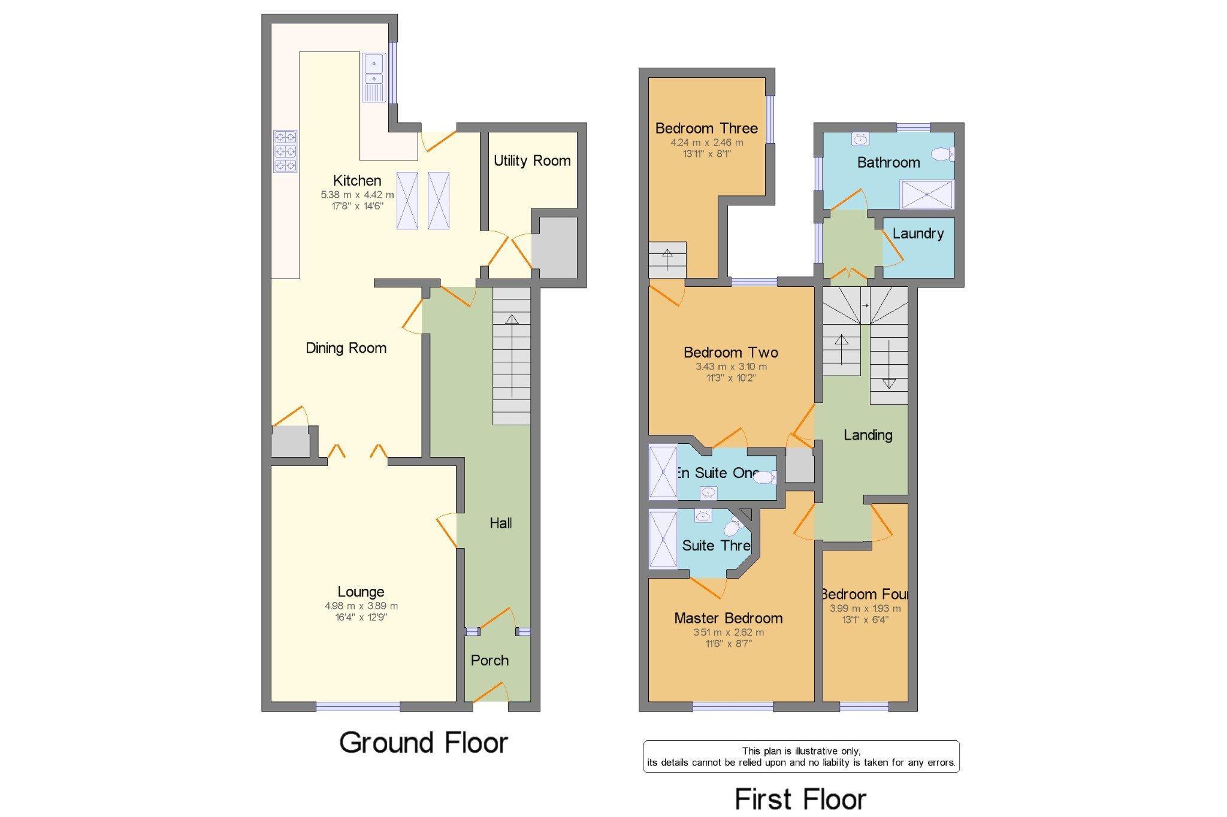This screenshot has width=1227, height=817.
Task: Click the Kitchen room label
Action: (x=357, y=180)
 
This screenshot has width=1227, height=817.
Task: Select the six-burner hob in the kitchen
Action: (x=285, y=151)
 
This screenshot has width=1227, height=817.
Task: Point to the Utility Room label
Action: (x=532, y=161)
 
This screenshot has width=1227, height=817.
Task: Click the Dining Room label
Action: (x=346, y=348)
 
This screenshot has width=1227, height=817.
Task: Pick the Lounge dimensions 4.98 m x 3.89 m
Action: (x=361, y=606)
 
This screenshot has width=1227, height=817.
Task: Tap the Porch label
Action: (x=489, y=660)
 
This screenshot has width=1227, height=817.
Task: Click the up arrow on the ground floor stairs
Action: (x=512, y=320)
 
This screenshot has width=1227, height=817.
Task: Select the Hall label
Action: (x=500, y=523)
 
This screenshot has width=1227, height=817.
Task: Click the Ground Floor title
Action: (x=424, y=743)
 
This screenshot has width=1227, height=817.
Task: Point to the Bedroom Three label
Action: (x=706, y=128)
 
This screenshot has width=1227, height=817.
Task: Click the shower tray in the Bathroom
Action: (x=927, y=194)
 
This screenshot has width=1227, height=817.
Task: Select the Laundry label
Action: (x=918, y=234)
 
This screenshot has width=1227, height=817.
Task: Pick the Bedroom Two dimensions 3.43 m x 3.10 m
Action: (x=731, y=367)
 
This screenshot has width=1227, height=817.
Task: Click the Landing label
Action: (x=868, y=435)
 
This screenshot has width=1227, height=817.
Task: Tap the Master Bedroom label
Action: (x=728, y=618)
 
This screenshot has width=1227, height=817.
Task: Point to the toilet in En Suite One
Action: (x=764, y=477)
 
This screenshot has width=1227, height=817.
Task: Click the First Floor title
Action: (x=800, y=799)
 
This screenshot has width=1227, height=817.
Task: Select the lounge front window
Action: (x=358, y=707)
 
